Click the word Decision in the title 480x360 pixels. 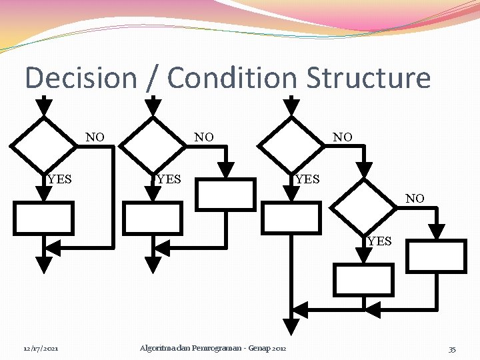[80, 78]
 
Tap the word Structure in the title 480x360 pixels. [369, 78]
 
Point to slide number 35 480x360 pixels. [452, 349]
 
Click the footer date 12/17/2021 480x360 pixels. [41, 349]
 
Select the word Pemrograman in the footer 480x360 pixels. [214, 349]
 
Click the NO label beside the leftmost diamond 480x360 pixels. [95, 137]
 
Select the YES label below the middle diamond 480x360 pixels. [168, 179]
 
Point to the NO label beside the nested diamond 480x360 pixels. [415, 198]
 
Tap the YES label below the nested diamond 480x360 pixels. [379, 241]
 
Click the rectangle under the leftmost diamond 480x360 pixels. [43, 217]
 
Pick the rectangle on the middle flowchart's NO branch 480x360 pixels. [227, 193]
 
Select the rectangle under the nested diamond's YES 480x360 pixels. [364, 280]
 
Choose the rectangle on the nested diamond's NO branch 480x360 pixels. [437, 256]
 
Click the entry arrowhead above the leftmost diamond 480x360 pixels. [43, 105]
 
